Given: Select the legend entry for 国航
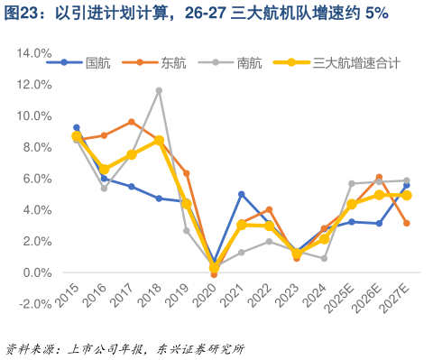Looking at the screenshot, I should coord(97,62).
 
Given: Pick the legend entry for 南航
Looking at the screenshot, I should coord(249,62).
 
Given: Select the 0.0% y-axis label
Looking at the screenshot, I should coord(35,272).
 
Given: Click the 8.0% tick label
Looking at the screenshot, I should coord(35,147).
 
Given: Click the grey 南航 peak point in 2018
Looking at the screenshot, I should coord(159,90).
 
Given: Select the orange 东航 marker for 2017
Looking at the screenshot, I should coord(132,122).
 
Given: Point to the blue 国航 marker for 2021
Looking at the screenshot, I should coord(242,194).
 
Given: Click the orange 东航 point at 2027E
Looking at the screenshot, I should coord(407,223).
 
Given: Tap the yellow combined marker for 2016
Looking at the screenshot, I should coord(104,169).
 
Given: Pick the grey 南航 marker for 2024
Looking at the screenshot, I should coord(324,258).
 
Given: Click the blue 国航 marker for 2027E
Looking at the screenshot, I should coord(407,186).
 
